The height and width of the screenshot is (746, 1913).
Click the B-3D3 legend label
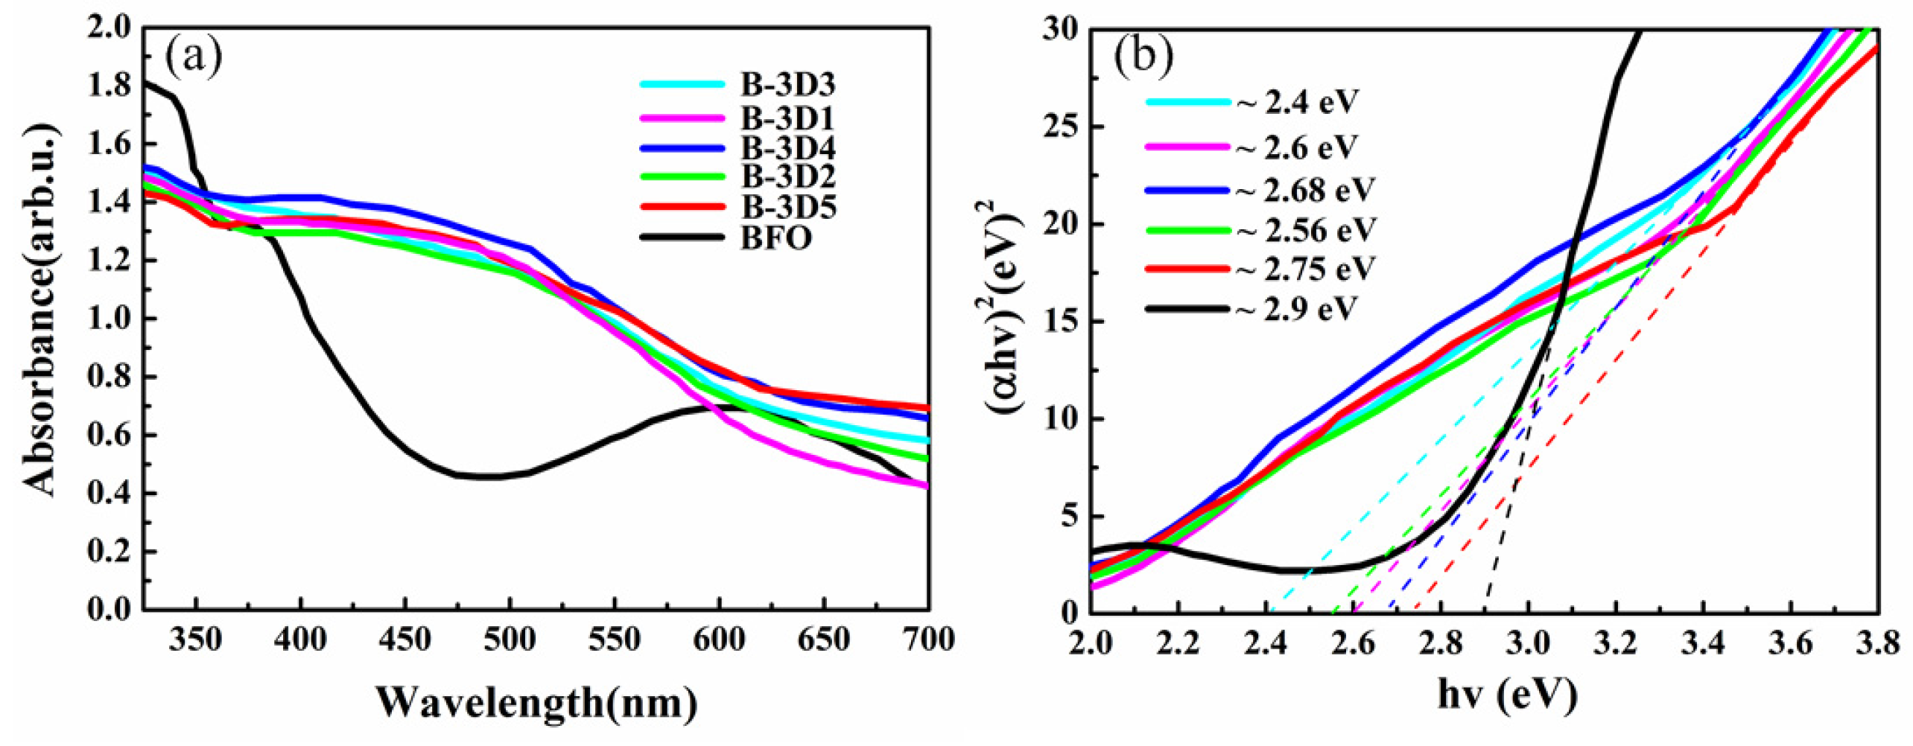click(787, 85)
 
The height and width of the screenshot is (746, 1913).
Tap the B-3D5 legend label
click(787, 207)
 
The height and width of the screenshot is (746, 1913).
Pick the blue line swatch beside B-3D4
click(682, 147)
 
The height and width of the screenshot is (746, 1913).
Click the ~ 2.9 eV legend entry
click(1296, 308)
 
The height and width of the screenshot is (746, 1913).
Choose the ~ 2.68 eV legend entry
click(1304, 190)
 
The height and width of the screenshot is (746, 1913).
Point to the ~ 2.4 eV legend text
click(1296, 101)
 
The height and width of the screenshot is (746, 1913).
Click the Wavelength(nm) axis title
click(536, 701)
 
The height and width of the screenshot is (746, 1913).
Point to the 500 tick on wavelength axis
click(509, 640)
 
